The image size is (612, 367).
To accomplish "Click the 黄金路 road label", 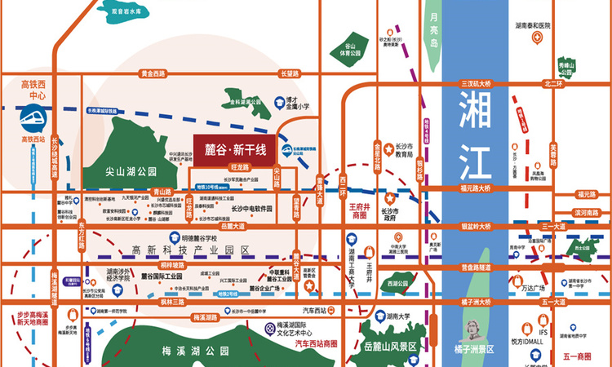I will click(153, 73).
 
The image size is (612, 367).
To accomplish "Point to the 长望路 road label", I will click(290, 73).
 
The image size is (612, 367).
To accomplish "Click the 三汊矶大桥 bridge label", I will click(476, 84).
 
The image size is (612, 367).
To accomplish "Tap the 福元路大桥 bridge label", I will click(476, 188).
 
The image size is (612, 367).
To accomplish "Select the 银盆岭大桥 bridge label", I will click(476, 226).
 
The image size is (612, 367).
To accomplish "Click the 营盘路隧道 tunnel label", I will click(476, 266).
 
